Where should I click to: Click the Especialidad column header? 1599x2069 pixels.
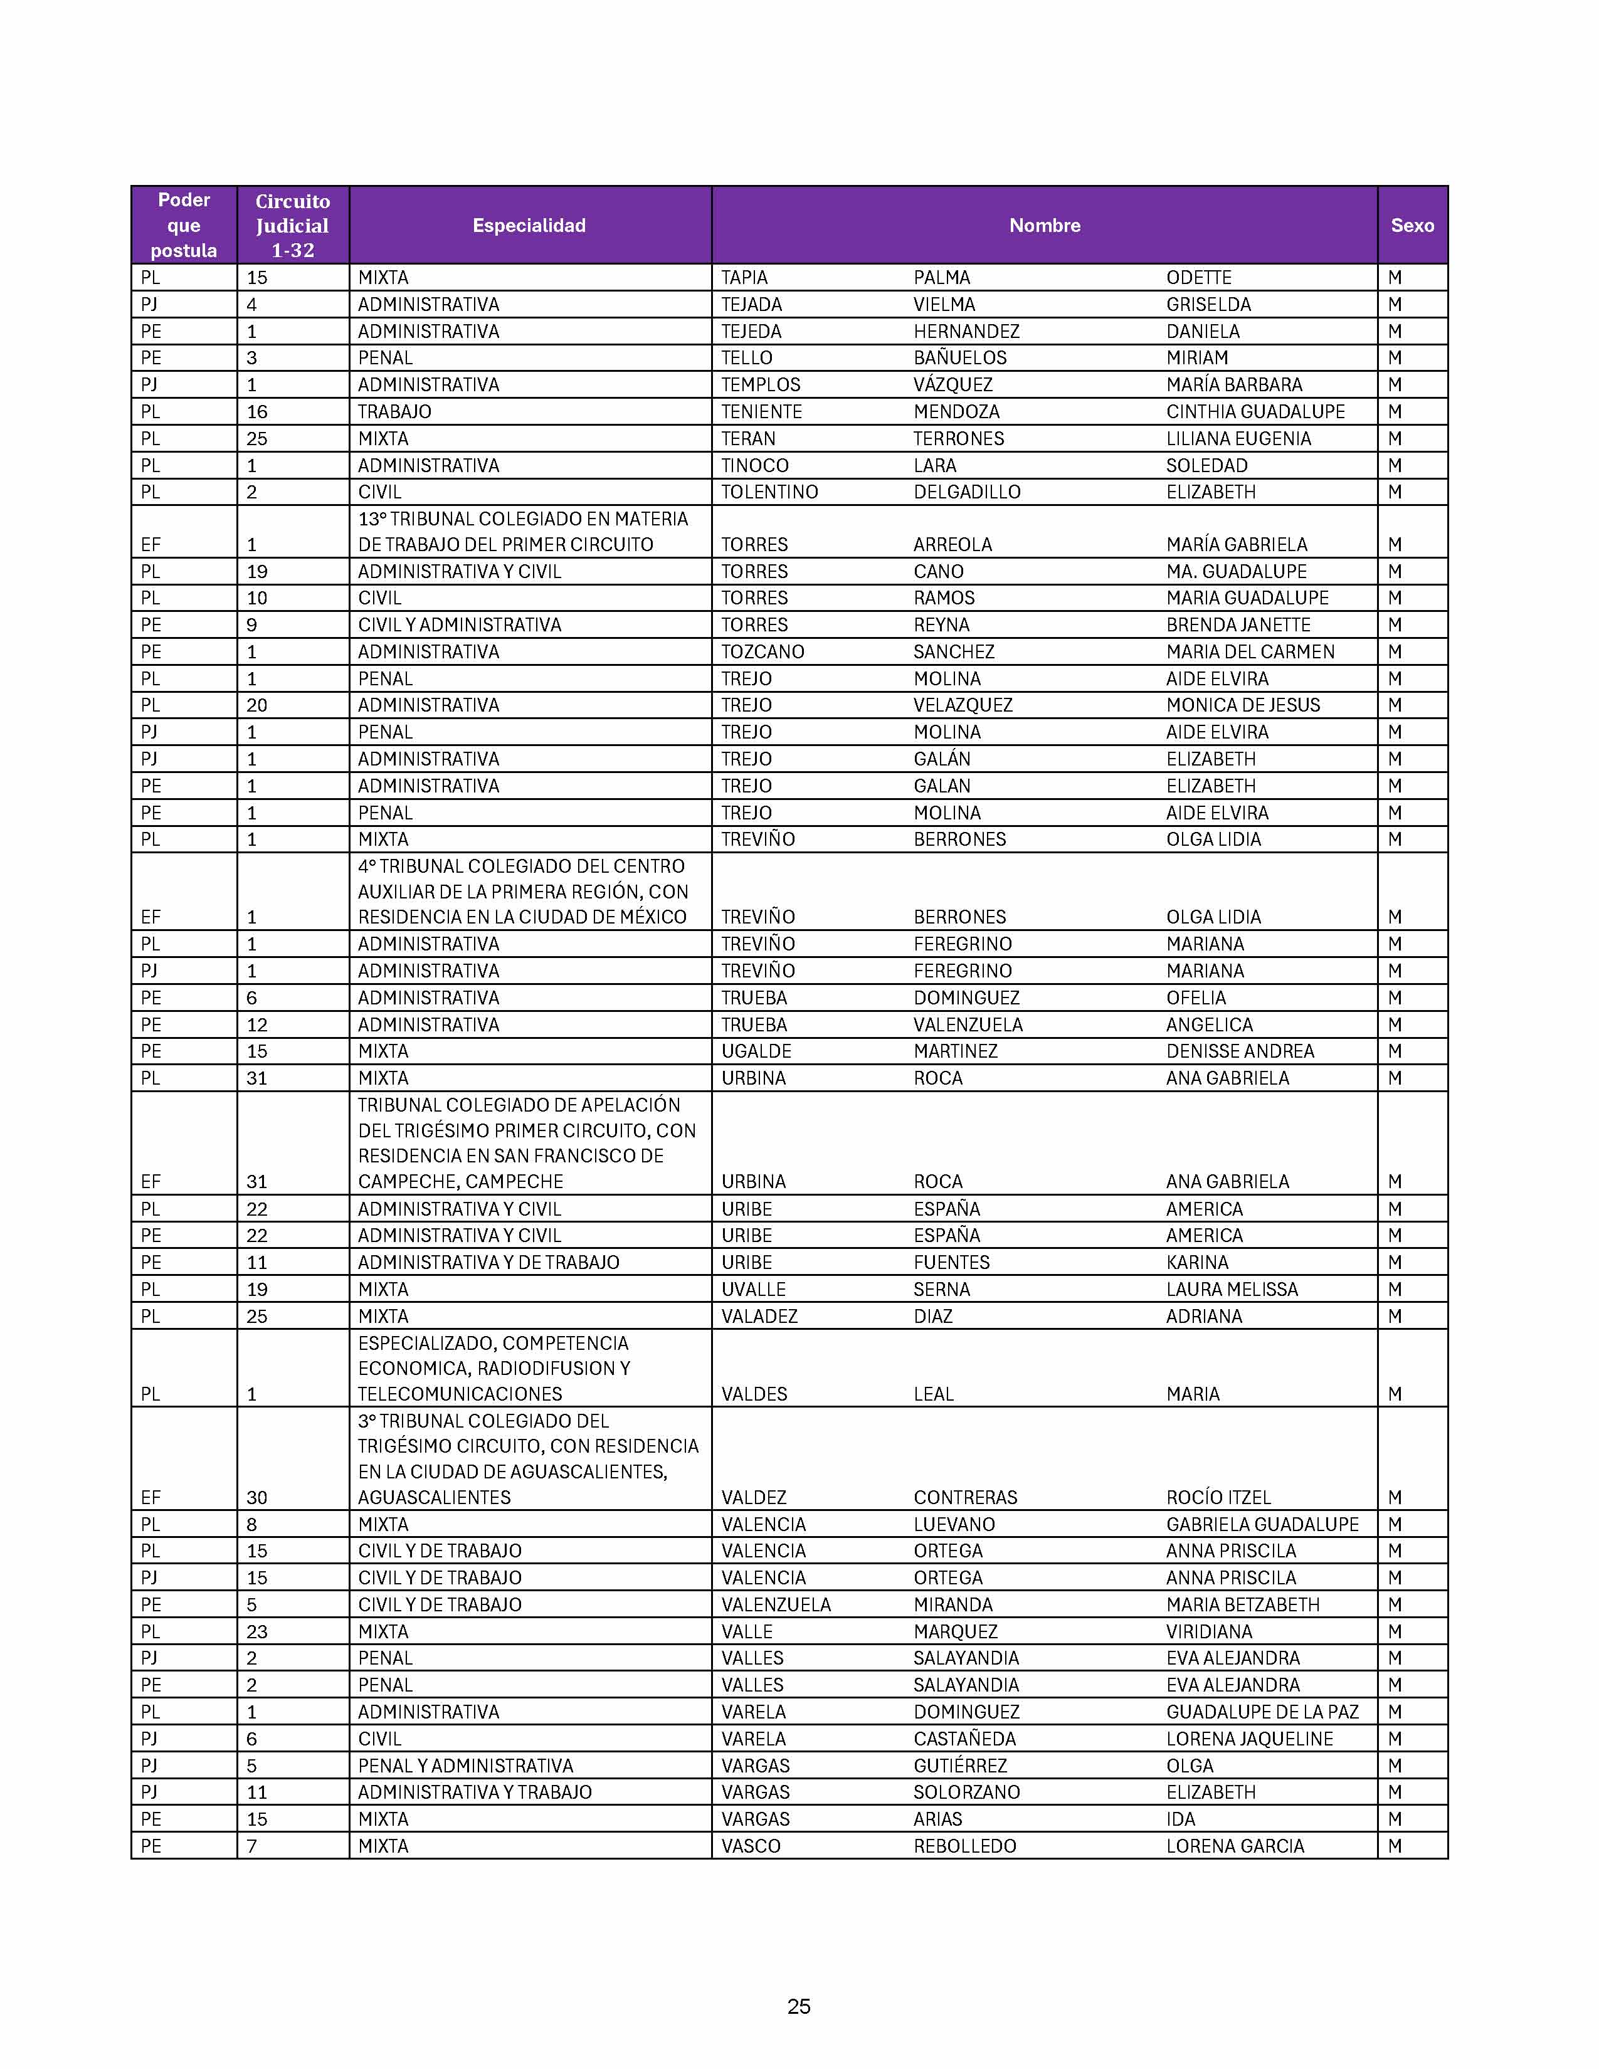(529, 226)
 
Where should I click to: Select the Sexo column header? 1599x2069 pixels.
(1412, 226)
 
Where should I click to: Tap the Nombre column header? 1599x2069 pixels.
(1044, 226)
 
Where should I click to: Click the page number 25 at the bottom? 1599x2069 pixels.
(798, 2006)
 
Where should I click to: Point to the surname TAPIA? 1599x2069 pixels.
(744, 278)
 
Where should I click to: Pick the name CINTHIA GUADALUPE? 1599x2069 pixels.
(1255, 411)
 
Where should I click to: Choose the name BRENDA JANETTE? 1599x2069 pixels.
(1238, 624)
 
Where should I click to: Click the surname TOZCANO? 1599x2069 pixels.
(763, 652)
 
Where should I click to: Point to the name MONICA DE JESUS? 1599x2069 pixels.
(1243, 705)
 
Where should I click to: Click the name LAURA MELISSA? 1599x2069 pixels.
(1232, 1289)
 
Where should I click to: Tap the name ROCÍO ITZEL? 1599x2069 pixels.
(1218, 1498)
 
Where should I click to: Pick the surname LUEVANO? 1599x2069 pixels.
(954, 1524)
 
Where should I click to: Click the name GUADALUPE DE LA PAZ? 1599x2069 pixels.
(1262, 1712)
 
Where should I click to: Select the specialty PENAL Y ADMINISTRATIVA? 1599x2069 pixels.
(465, 1766)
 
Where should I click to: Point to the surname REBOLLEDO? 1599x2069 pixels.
(964, 1845)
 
